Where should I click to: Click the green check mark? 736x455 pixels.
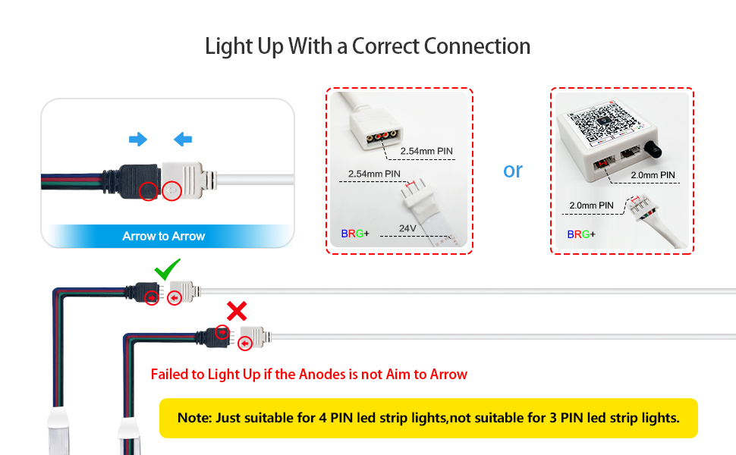pyautogui.click(x=166, y=269)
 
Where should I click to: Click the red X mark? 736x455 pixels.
pyautogui.click(x=237, y=310)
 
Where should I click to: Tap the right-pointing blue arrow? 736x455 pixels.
pyautogui.click(x=137, y=139)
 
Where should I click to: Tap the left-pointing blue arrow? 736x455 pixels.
pyautogui.click(x=183, y=139)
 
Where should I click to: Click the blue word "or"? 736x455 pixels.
pyautogui.click(x=513, y=171)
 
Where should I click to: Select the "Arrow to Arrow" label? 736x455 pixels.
pyautogui.click(x=164, y=236)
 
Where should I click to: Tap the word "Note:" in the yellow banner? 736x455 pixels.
pyautogui.click(x=194, y=418)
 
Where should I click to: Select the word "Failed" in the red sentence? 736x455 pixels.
pyautogui.click(x=170, y=374)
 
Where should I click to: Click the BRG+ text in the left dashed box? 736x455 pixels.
pyautogui.click(x=355, y=234)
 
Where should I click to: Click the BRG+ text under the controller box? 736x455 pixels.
pyautogui.click(x=581, y=234)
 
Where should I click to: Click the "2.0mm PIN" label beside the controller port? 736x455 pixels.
pyautogui.click(x=653, y=175)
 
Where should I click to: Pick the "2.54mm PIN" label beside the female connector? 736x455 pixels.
pyautogui.click(x=426, y=152)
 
